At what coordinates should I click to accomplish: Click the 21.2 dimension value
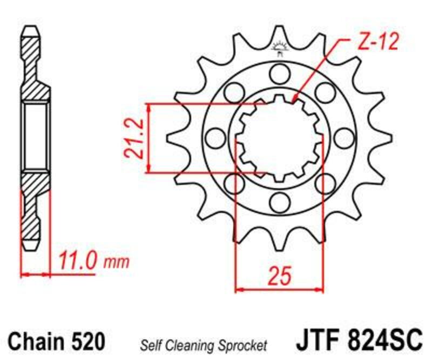tap(136, 138)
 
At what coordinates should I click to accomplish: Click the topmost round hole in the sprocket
tap(279, 72)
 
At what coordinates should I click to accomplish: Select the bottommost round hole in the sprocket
tap(279, 202)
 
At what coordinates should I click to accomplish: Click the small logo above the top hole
tap(279, 48)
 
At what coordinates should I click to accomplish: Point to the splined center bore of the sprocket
tap(279, 137)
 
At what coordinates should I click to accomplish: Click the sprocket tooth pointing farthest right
tap(378, 137)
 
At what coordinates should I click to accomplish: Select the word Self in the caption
tap(151, 344)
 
